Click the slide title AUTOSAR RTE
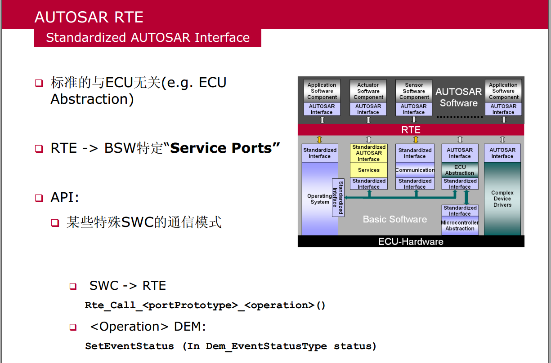click(x=89, y=17)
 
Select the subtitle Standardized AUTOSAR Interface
click(x=148, y=37)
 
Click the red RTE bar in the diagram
click(x=411, y=130)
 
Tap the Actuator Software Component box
click(x=368, y=91)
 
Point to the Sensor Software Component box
click(x=414, y=91)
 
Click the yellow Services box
click(x=368, y=170)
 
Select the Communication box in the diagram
click(x=415, y=170)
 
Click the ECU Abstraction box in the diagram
click(x=459, y=170)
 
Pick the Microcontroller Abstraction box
click(x=460, y=226)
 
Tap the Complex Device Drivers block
click(x=502, y=199)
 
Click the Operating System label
click(x=319, y=199)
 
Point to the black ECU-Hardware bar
click(x=411, y=242)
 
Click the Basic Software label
click(x=394, y=219)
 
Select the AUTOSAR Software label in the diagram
click(x=458, y=97)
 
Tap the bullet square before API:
click(x=39, y=198)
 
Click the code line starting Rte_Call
click(x=205, y=305)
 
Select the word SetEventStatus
click(x=129, y=346)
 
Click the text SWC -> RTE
click(x=128, y=286)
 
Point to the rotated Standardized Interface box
click(x=338, y=198)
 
